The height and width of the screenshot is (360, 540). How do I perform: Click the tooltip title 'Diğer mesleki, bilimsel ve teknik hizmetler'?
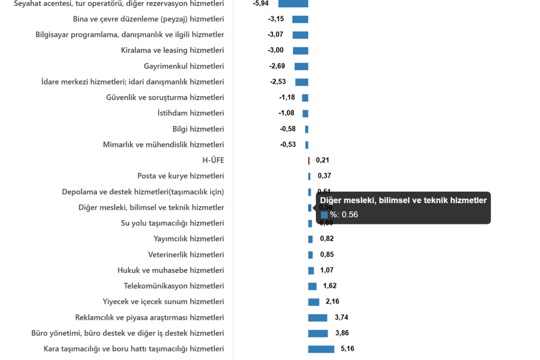point(403,201)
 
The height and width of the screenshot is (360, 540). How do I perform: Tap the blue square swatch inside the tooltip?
point(324,215)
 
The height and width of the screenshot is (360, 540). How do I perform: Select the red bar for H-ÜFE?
point(309,160)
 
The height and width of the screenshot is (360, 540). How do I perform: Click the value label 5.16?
point(347,349)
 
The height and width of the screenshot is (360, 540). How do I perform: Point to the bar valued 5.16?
point(320,349)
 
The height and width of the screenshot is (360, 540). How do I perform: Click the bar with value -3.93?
point(293,4)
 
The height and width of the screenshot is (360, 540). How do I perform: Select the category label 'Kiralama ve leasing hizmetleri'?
point(172,50)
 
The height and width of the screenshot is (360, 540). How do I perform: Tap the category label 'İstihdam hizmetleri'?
point(190,113)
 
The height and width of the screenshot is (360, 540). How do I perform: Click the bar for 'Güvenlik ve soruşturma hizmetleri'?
point(305,98)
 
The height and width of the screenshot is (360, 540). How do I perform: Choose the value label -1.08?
point(286,113)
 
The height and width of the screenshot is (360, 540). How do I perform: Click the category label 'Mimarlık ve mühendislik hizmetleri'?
point(164,144)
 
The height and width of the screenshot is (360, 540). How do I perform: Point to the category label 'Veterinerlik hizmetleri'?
point(187,255)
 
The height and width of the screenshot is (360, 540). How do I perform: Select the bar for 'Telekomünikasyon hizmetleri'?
point(312,286)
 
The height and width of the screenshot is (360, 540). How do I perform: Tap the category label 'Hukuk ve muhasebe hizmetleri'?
point(171,270)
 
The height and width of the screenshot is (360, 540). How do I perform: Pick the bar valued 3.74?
point(317,318)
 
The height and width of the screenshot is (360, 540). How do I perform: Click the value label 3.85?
point(342,333)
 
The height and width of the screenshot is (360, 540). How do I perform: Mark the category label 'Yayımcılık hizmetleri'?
point(189,239)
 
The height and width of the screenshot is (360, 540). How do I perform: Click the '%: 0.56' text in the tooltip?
point(344,215)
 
